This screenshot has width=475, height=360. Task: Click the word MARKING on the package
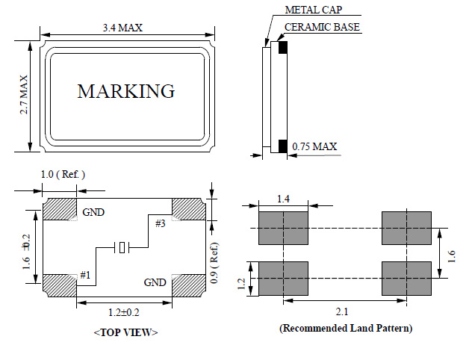(126, 92)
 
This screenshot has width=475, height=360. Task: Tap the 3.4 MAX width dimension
(122, 28)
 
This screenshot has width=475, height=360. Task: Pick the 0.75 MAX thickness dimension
(314, 146)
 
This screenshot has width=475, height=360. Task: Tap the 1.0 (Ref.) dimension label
(62, 174)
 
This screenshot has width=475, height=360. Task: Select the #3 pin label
(161, 223)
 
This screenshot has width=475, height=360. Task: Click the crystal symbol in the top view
(122, 247)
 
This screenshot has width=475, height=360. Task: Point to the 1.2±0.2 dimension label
(123, 312)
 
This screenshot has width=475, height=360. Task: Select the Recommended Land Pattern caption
(345, 328)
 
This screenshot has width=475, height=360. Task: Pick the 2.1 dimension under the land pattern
(344, 310)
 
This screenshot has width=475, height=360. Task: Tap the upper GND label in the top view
(93, 212)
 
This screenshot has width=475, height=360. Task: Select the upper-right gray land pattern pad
(406, 228)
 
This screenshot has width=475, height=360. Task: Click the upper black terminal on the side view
(283, 48)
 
